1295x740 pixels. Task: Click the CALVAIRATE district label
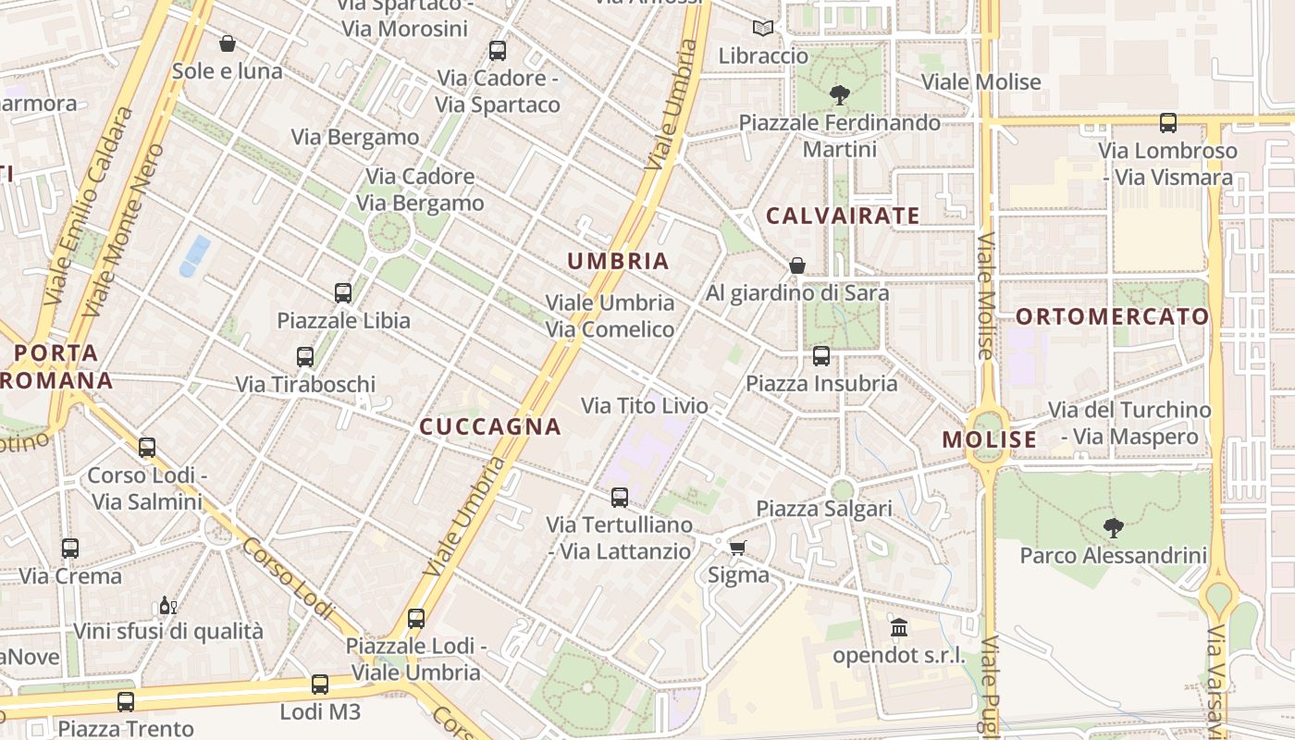click(x=843, y=216)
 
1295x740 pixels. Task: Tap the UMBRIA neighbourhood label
click(x=618, y=261)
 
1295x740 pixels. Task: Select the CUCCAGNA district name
click(x=490, y=426)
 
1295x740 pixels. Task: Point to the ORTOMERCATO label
click(x=1113, y=316)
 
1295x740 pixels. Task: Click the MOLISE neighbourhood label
click(x=990, y=439)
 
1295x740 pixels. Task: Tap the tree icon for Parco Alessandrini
click(x=1114, y=528)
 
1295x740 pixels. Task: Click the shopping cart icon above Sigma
click(x=737, y=549)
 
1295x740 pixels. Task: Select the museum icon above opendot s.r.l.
click(x=898, y=629)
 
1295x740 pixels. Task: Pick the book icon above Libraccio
click(x=763, y=29)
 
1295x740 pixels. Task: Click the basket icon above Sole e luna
click(x=228, y=43)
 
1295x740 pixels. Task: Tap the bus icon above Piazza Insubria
click(x=821, y=356)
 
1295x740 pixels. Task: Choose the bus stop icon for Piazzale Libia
click(x=343, y=293)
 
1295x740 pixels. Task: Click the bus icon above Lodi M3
click(x=320, y=684)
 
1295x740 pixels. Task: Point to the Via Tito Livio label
click(x=645, y=405)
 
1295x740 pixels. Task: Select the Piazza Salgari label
click(x=824, y=509)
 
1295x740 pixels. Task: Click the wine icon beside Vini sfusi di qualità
click(x=167, y=606)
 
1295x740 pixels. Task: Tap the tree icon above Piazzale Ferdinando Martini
click(x=840, y=94)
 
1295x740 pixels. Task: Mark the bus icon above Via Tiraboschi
click(x=305, y=357)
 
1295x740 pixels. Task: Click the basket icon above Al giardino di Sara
click(x=797, y=266)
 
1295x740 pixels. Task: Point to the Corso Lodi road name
click(x=288, y=578)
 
